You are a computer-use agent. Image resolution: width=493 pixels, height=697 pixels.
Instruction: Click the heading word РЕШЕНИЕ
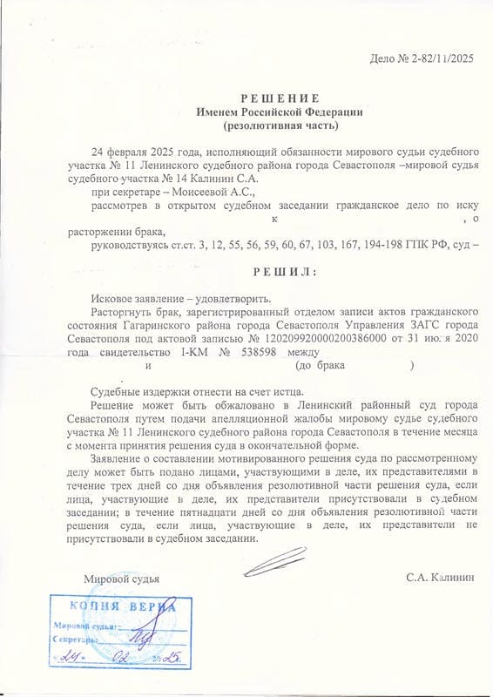[x=280, y=98]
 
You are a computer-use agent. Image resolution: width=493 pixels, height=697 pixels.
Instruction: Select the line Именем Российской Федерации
[x=280, y=112]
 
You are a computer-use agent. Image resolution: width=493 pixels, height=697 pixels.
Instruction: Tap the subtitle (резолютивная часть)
[x=280, y=127]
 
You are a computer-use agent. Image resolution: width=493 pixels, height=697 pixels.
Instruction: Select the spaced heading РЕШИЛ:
[x=280, y=272]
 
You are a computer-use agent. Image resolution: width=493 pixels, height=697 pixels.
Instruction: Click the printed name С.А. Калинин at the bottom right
[x=441, y=578]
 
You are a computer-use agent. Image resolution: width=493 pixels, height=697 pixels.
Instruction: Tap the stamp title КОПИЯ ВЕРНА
[x=113, y=606]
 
